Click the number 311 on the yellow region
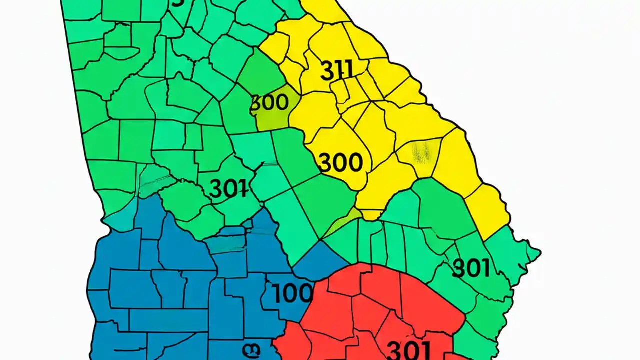point(336,71)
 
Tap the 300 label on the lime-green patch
point(269,102)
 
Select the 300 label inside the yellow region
point(340,162)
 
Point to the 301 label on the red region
point(408,349)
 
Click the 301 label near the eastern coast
point(470,269)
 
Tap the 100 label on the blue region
point(293,293)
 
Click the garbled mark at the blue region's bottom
point(251,348)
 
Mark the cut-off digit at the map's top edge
point(177,3)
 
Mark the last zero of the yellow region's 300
point(354,162)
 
